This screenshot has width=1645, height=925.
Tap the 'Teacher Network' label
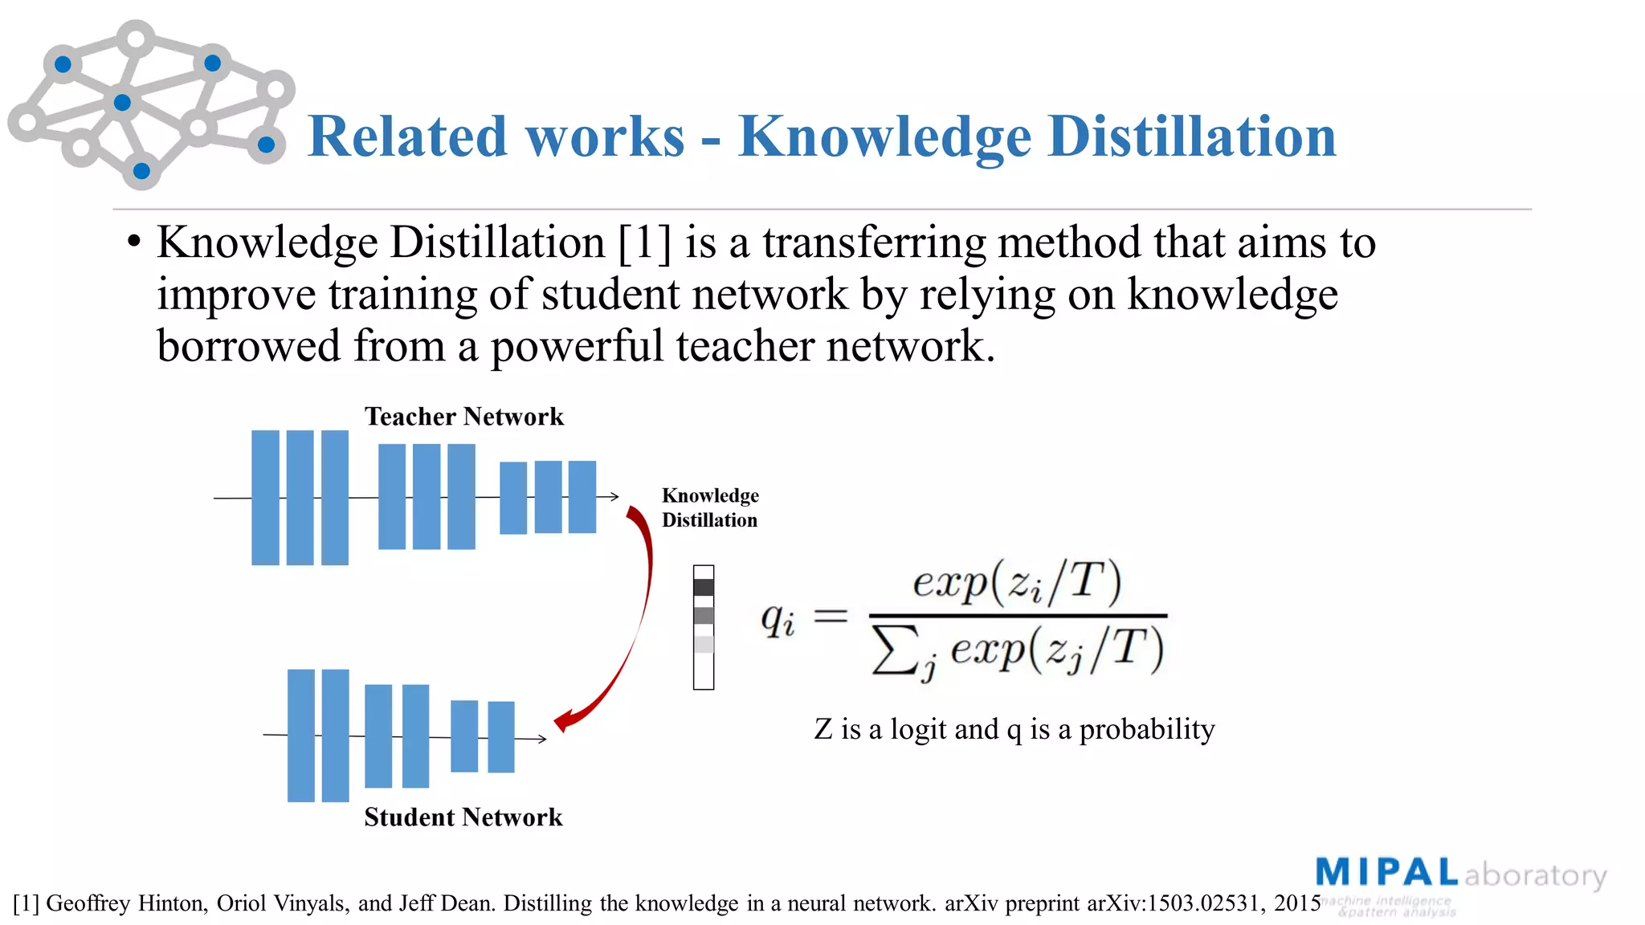[x=464, y=416]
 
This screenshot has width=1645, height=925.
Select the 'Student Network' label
[x=463, y=817]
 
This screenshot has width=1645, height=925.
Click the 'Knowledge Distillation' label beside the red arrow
[x=710, y=507]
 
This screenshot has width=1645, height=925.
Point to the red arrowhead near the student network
[x=562, y=720]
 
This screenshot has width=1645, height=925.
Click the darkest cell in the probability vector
[x=704, y=587]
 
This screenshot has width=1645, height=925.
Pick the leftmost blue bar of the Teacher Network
[x=265, y=498]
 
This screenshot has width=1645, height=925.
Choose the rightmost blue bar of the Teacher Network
[x=582, y=496]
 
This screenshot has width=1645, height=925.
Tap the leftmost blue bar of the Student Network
[x=301, y=735]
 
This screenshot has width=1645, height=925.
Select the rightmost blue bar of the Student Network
[x=501, y=736]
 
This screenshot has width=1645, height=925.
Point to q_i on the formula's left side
[x=778, y=618]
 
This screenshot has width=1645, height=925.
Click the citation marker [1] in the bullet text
[x=645, y=242]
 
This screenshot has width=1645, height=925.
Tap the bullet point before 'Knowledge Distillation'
[x=134, y=242]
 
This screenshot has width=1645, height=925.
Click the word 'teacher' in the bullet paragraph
[x=745, y=346]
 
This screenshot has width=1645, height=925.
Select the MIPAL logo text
[x=1386, y=873]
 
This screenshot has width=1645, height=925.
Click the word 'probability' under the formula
[x=1146, y=729]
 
